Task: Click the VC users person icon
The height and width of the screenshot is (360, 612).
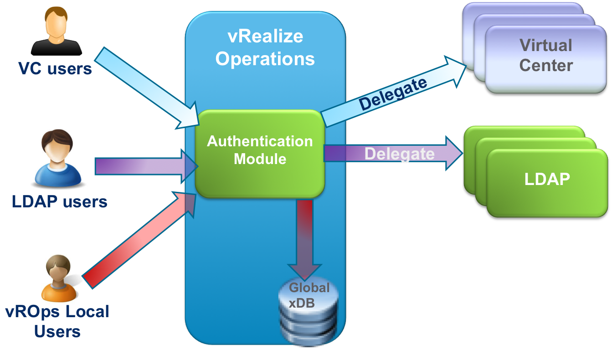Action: [57, 31]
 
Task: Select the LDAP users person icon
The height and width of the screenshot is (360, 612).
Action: [58, 159]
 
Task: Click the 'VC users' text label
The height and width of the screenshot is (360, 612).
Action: [55, 69]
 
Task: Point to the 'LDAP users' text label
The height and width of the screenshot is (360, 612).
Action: [60, 201]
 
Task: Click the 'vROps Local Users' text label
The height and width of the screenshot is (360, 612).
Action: [57, 321]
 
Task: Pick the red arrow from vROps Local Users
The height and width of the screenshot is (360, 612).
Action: [137, 239]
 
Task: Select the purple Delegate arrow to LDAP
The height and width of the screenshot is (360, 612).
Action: [392, 154]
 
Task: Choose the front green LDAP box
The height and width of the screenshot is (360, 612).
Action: [547, 182]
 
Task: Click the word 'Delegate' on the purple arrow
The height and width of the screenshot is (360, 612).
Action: [399, 154]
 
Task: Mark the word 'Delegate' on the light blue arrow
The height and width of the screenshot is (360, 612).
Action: [393, 94]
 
